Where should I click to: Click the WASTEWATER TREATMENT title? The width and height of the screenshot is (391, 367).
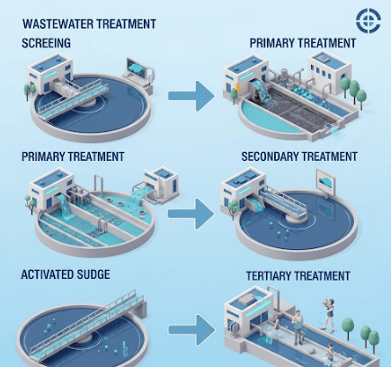[x=89, y=23]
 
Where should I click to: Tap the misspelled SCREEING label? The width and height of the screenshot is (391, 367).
[x=46, y=43]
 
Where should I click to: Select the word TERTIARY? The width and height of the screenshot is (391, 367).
[x=271, y=276]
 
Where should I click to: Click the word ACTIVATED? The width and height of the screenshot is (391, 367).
[x=48, y=274]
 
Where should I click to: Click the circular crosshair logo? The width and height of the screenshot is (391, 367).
[x=369, y=20]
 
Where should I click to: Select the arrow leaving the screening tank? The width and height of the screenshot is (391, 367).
[x=191, y=96]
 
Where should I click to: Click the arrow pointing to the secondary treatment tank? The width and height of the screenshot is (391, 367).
[x=191, y=214]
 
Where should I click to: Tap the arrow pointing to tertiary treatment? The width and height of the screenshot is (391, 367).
[x=191, y=330]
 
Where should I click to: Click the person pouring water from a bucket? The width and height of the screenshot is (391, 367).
[x=329, y=315]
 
